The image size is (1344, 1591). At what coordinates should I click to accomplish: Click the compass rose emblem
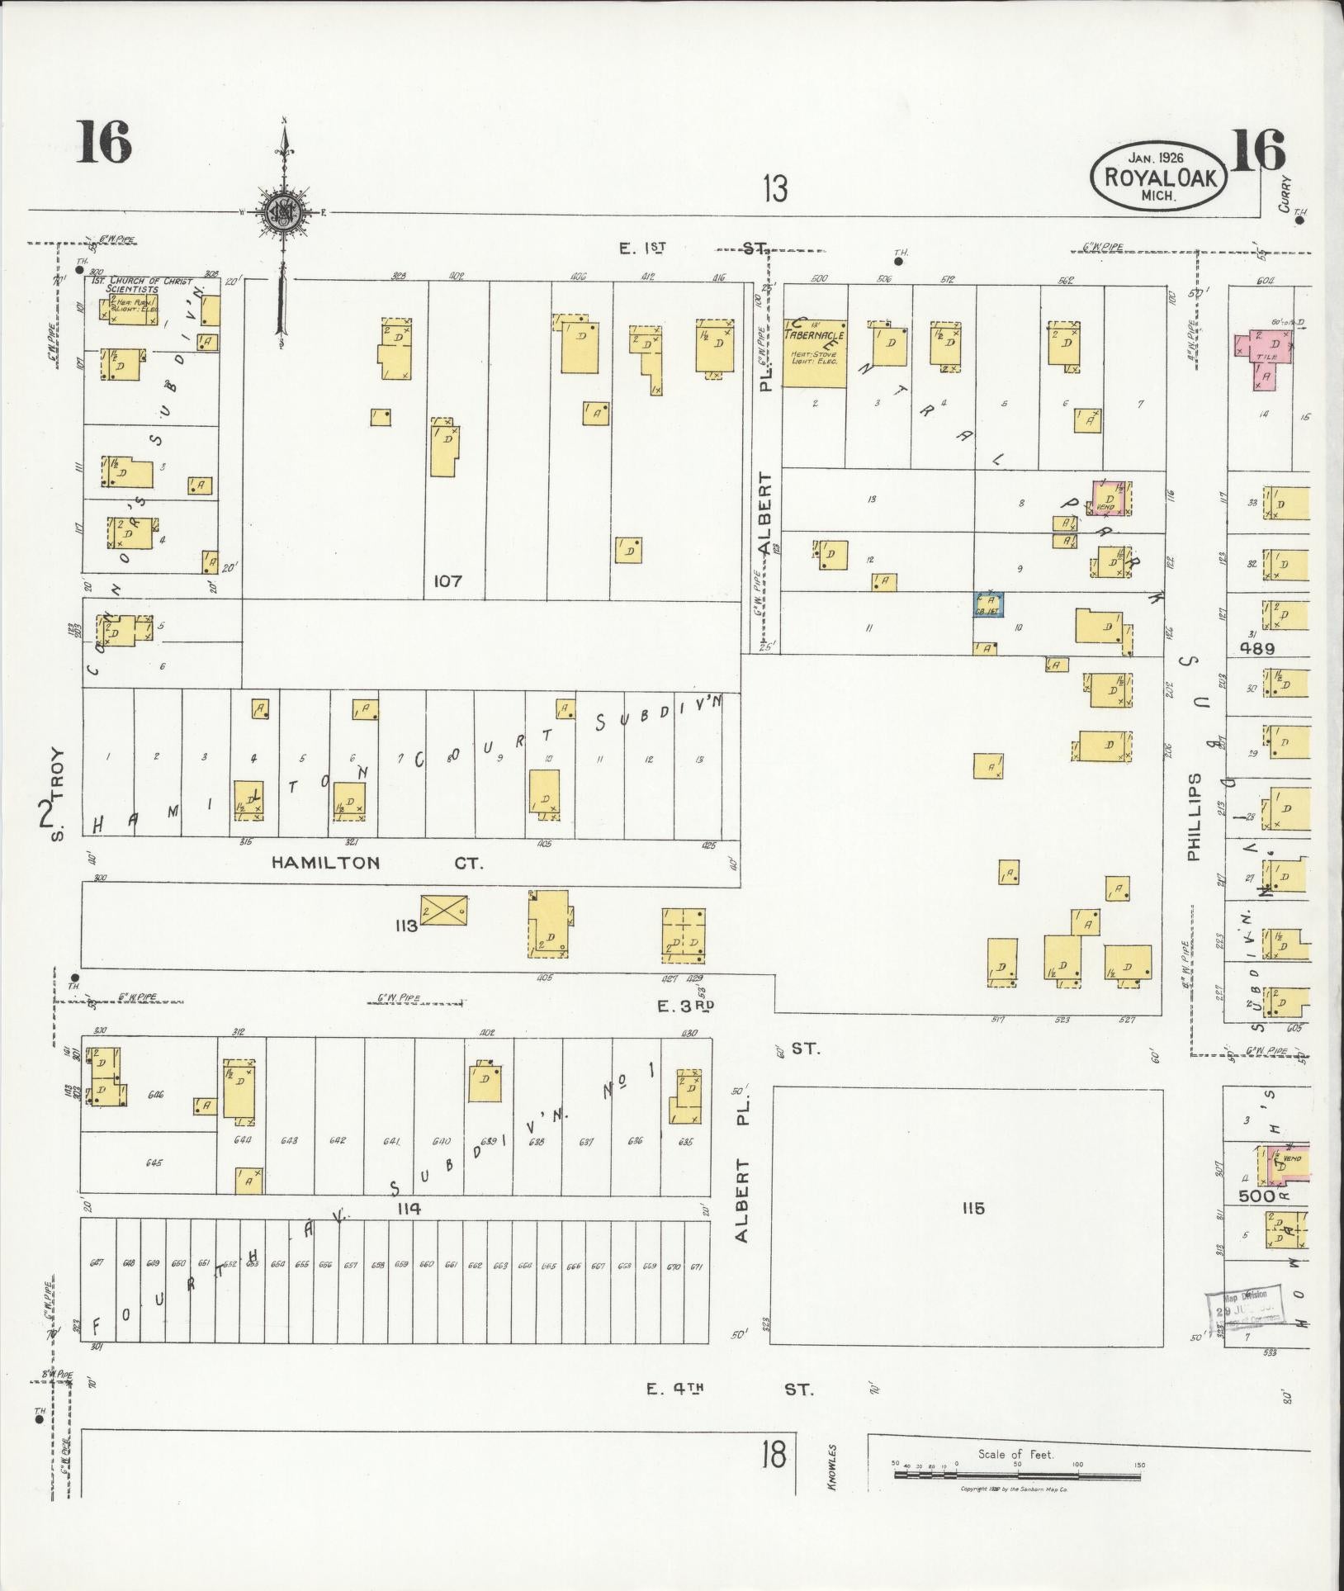(x=283, y=212)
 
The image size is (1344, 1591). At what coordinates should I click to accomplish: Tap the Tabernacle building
(x=814, y=353)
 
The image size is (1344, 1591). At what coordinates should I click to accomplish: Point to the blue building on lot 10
(x=987, y=604)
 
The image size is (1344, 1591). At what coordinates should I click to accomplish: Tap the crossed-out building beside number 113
(x=443, y=909)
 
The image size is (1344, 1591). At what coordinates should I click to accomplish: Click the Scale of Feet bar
(x=1018, y=1473)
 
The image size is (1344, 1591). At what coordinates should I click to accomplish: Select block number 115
(x=973, y=1209)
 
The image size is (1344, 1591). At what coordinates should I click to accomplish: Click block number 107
(x=448, y=581)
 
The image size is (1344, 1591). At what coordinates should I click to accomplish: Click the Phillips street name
(x=1194, y=817)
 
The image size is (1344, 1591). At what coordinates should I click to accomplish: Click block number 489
(x=1256, y=649)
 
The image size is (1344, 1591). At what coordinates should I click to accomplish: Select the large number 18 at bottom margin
(x=774, y=1455)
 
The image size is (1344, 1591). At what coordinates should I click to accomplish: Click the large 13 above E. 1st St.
(x=774, y=189)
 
